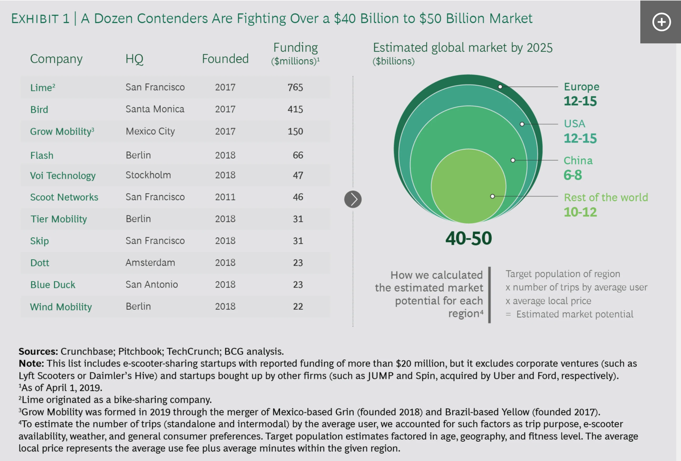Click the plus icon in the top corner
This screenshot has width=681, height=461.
(x=661, y=22)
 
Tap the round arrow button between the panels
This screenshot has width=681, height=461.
(x=353, y=199)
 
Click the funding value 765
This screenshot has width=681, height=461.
(x=295, y=87)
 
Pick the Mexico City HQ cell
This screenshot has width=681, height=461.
(x=150, y=132)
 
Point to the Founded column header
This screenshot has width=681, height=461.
(x=225, y=59)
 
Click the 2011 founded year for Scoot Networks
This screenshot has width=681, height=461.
(x=225, y=197)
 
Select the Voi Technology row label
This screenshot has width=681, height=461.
(x=63, y=176)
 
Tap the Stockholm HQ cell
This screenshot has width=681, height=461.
(x=148, y=175)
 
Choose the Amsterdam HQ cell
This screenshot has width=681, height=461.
(x=150, y=263)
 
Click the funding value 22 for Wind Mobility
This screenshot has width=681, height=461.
(x=298, y=307)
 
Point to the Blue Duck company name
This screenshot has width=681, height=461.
(x=53, y=285)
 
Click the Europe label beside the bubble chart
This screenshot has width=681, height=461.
(x=581, y=87)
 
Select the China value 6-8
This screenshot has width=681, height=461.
(x=573, y=175)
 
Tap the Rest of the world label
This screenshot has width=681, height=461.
(x=606, y=198)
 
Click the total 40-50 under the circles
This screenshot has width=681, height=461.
(x=469, y=238)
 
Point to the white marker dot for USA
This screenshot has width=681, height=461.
(x=522, y=124)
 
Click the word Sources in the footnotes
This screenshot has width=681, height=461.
(x=38, y=351)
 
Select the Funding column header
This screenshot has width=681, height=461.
(x=296, y=48)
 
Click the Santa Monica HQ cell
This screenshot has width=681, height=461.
(x=155, y=109)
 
